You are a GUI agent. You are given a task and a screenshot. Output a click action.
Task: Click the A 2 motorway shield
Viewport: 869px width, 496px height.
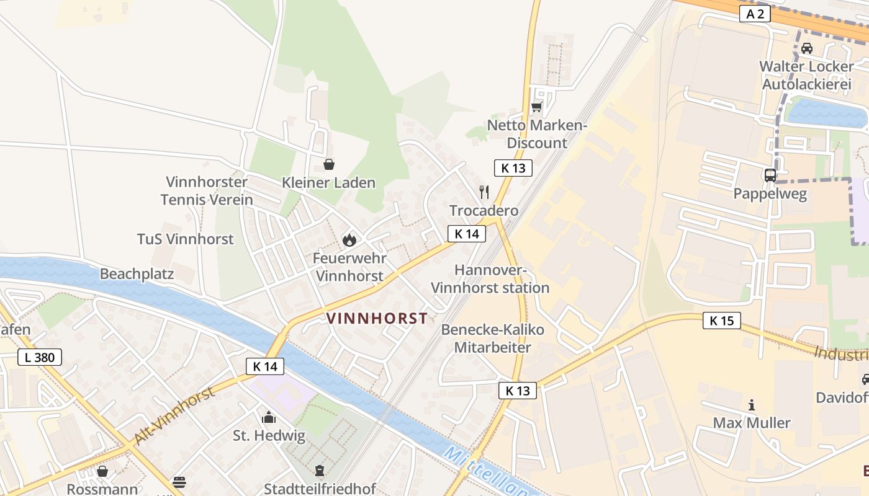755,14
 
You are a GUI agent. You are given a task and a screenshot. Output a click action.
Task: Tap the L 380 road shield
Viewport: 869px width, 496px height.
40,357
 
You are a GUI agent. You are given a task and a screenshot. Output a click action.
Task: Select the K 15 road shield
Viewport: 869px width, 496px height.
722,321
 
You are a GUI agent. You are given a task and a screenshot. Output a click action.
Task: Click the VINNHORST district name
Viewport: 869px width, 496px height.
377,319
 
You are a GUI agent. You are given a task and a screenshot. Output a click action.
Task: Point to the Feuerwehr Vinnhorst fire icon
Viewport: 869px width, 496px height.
349,239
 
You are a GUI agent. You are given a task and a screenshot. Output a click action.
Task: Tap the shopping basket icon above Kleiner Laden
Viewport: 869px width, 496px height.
328,164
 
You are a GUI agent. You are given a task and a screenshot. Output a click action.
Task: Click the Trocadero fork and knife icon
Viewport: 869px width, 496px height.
484,192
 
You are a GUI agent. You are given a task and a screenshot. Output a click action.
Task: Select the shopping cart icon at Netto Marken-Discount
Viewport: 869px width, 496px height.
536,107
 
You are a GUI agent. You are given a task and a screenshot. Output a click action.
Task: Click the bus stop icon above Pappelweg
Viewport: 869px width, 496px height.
770,175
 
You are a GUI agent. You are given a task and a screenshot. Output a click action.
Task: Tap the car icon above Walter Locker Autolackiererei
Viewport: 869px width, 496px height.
806,48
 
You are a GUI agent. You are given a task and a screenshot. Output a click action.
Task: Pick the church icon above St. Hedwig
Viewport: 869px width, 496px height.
269,417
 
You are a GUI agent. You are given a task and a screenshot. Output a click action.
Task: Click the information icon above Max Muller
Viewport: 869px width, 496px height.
752,405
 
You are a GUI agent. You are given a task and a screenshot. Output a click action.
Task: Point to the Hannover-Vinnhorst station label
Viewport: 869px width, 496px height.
490,279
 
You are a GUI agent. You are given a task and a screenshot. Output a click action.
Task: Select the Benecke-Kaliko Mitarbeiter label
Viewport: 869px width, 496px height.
493,339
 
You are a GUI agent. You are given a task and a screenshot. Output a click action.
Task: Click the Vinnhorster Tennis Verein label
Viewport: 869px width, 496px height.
207,191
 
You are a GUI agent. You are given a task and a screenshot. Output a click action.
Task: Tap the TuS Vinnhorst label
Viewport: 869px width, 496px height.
185,239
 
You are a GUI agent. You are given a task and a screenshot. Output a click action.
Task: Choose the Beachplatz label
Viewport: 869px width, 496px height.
137,274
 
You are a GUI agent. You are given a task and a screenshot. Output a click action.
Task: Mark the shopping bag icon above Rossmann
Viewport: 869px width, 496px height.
102,472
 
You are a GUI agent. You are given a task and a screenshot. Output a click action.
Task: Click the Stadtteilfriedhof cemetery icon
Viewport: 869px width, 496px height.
320,471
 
